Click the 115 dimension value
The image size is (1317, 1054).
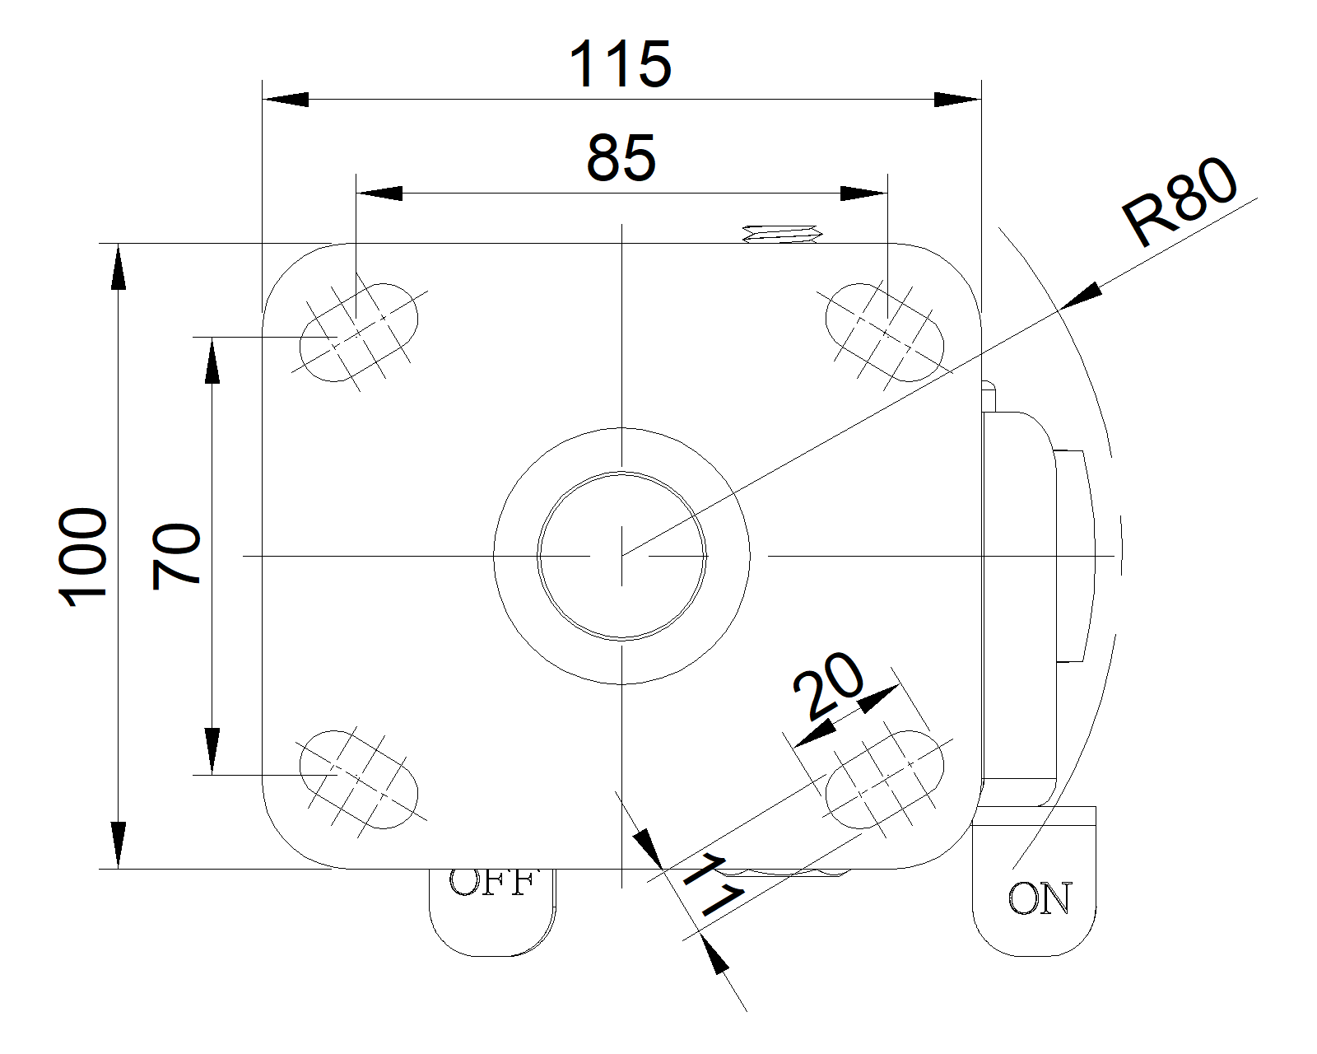point(621,64)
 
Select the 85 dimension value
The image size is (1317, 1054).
point(621,157)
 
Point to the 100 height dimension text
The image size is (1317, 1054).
point(84,557)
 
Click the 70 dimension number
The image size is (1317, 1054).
point(177,556)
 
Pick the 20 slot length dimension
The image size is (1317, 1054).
point(827,686)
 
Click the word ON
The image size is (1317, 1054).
point(1040,899)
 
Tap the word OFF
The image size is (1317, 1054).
point(492,883)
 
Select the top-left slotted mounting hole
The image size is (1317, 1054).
point(359,332)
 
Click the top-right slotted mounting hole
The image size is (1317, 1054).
point(884,332)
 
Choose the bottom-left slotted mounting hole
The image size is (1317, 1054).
point(359,778)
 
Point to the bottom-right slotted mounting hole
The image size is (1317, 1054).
point(884,778)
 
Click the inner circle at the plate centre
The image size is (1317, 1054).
point(621,556)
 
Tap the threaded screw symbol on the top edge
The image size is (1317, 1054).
point(782,234)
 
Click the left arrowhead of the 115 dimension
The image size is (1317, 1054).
point(284,100)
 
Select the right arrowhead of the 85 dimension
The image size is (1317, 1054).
point(863,194)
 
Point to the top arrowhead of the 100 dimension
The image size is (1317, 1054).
point(119,267)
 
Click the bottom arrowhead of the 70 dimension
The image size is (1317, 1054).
point(212,751)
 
